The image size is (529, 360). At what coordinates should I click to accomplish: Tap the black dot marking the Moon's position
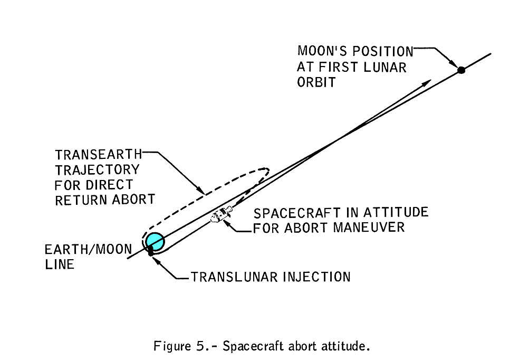pos(460,70)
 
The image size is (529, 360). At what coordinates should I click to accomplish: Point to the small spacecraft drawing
pos(222,215)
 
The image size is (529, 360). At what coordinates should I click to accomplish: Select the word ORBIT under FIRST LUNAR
pos(316,83)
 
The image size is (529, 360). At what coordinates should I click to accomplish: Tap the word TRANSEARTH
pos(99,155)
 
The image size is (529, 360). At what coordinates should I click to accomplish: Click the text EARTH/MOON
pos(88,250)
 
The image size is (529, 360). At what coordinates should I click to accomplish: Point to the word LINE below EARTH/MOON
pos(60,264)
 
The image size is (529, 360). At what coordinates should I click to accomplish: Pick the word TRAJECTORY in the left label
pos(97,170)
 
